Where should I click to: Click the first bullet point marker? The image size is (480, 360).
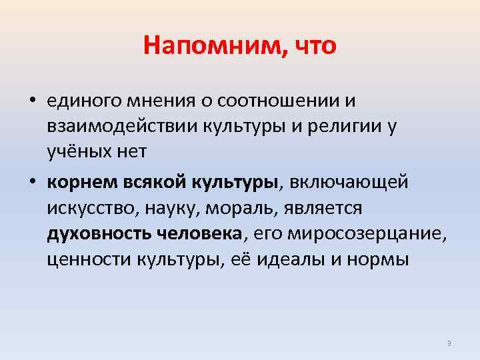31,101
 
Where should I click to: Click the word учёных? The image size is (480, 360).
76,153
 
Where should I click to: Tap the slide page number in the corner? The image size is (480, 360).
449,343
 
